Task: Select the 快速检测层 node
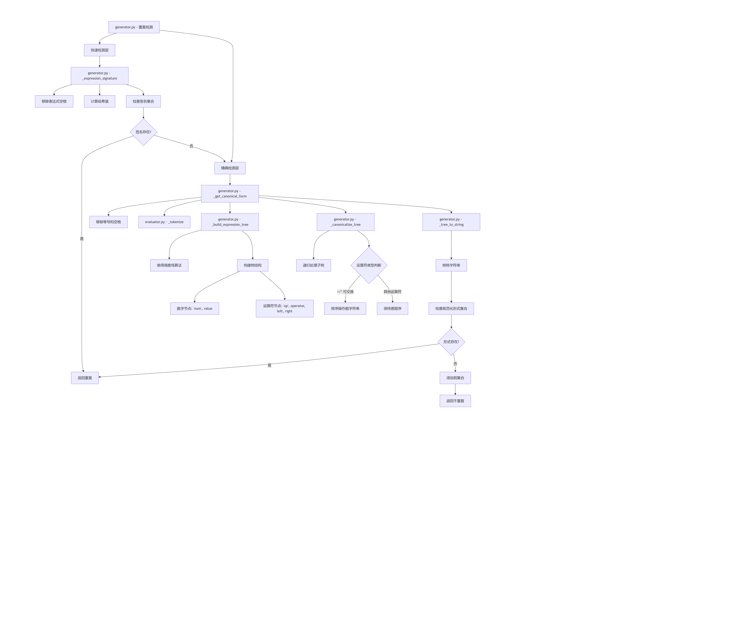(x=100, y=50)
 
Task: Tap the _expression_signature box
(x=100, y=76)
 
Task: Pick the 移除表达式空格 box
(x=54, y=101)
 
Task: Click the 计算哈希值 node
(x=100, y=101)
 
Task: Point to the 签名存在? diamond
(x=143, y=132)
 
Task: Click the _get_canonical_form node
(x=230, y=194)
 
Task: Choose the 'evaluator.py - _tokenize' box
(x=164, y=222)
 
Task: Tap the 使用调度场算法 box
(x=169, y=265)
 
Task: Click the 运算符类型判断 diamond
(x=369, y=265)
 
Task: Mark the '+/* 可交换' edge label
(x=345, y=292)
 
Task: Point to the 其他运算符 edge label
(x=392, y=292)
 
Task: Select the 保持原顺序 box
(x=392, y=309)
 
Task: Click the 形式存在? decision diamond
(x=451, y=342)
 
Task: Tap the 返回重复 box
(x=85, y=378)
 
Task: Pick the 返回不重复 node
(x=455, y=401)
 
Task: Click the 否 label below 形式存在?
(x=455, y=364)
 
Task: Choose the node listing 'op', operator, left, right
(x=285, y=309)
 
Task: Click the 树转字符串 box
(x=451, y=265)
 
